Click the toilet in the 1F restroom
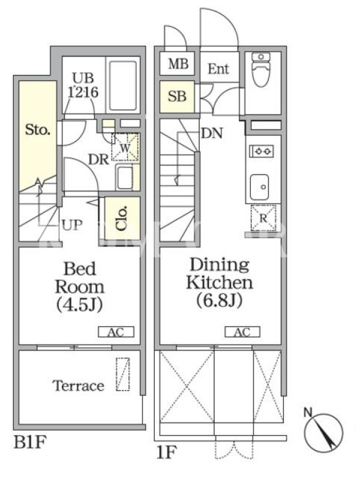[260, 70]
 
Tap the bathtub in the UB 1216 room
[123, 85]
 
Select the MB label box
[177, 64]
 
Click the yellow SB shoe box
[177, 97]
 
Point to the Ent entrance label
[218, 68]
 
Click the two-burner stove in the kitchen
[262, 151]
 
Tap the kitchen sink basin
[260, 187]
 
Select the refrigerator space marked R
[263, 218]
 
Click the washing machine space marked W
[125, 147]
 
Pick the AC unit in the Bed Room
[116, 332]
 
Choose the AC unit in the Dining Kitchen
[242, 332]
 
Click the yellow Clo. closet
[122, 218]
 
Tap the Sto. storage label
[38, 130]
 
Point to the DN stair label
[212, 133]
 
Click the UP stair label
[72, 226]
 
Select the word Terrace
[79, 386]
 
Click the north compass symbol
[323, 431]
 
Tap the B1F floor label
[30, 442]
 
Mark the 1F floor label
[166, 452]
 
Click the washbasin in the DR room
[124, 178]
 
